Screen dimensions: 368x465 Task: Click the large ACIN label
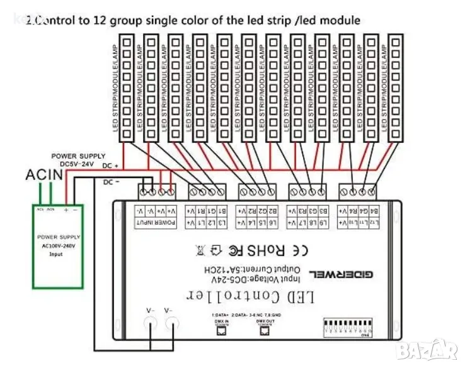(44, 174)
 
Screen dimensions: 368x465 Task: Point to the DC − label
(110, 182)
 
